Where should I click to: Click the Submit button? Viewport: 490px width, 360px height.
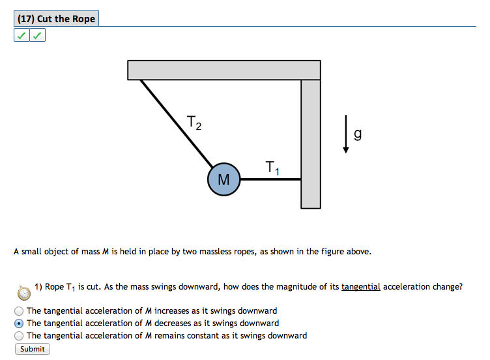[33, 349]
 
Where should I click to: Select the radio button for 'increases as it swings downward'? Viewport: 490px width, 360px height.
[19, 311]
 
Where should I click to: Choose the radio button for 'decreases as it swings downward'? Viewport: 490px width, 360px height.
[19, 323]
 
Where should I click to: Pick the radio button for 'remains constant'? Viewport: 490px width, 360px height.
[19, 336]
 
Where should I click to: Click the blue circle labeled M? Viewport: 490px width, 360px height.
[223, 179]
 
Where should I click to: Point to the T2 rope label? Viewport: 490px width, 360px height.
[194, 122]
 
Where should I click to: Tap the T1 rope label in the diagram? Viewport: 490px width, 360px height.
[272, 168]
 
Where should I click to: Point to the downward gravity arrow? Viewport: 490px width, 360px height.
[346, 134]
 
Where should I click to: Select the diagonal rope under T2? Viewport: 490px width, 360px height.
[176, 121]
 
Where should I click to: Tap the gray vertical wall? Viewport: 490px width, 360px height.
[311, 143]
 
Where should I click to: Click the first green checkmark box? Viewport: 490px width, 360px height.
[22, 36]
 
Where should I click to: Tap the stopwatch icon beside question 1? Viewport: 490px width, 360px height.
[23, 292]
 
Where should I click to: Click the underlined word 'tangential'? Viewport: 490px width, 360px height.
[360, 286]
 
